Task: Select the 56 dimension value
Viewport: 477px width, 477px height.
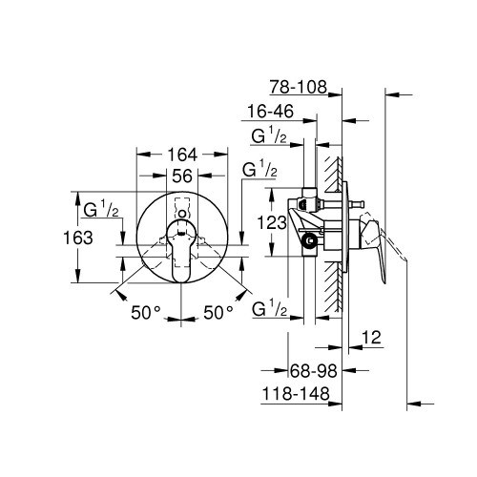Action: click(x=183, y=175)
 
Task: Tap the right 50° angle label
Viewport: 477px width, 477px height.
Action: click(x=218, y=312)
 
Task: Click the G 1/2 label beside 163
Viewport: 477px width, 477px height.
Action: click(x=100, y=209)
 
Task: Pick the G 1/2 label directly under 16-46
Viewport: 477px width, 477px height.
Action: click(x=271, y=137)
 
